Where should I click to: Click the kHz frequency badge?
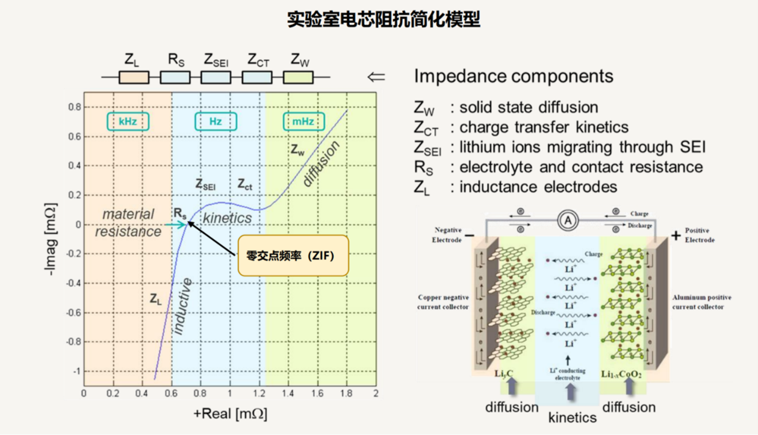(128, 122)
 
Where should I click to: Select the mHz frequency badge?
(303, 122)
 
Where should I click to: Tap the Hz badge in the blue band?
(216, 122)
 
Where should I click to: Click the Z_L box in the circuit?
(134, 77)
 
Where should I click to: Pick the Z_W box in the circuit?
(298, 77)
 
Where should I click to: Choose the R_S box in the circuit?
(175, 77)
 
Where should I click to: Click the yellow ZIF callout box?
(293, 255)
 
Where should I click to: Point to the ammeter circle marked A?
(567, 221)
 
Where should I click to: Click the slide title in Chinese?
(384, 20)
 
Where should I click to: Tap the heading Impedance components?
(514, 77)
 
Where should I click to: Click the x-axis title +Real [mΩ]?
(231, 414)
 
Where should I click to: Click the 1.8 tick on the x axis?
(346, 393)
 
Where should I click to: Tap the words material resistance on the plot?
(128, 222)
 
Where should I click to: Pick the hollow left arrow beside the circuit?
(376, 77)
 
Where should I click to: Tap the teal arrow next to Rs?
(175, 225)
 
